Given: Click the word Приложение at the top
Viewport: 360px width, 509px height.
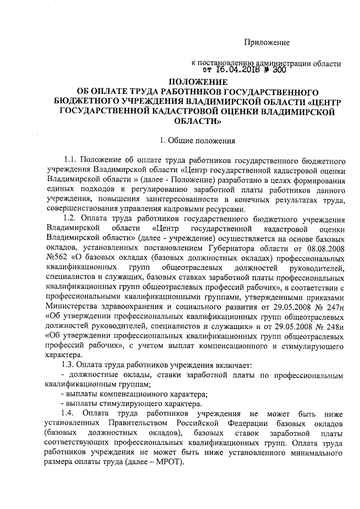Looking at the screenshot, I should pyautogui.click(x=267, y=43).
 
